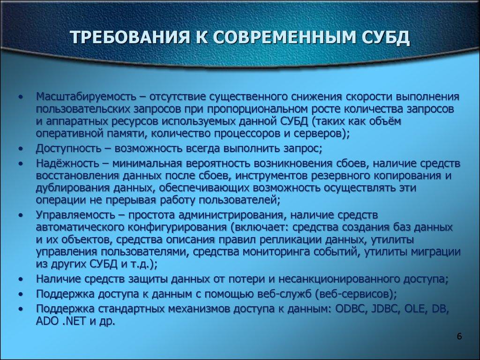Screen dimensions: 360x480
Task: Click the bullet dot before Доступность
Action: point(21,149)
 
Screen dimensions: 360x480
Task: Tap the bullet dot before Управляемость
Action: point(21,215)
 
